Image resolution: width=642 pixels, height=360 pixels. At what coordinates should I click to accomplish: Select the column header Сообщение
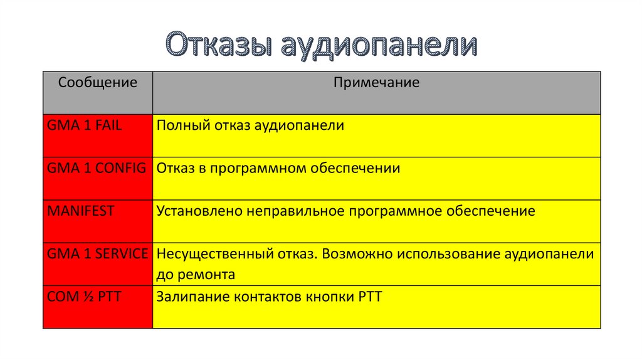[97, 82]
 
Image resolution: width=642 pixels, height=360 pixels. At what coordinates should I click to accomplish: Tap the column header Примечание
[376, 82]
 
